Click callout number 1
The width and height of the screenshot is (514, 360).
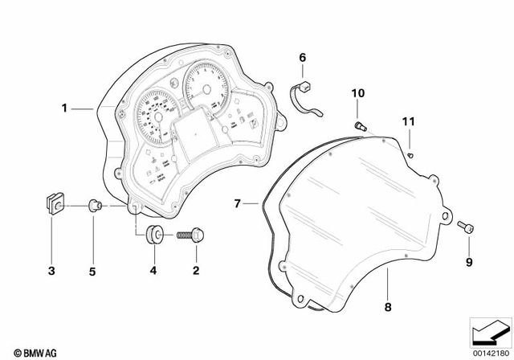pyautogui.click(x=67, y=107)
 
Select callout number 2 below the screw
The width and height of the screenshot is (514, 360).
pyautogui.click(x=194, y=271)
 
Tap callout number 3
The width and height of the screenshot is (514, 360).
pyautogui.click(x=51, y=271)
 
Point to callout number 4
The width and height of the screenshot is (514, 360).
pyautogui.click(x=153, y=271)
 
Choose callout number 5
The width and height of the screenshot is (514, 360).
pyautogui.click(x=92, y=271)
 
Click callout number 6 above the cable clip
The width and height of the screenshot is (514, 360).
pyautogui.click(x=303, y=57)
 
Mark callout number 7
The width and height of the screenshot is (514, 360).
pyautogui.click(x=238, y=204)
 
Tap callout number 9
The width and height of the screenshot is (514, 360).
pyautogui.click(x=469, y=261)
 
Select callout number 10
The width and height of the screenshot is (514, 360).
pyautogui.click(x=356, y=94)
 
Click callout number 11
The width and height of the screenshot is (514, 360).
pyautogui.click(x=410, y=121)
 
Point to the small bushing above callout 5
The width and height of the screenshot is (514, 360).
pyautogui.click(x=93, y=207)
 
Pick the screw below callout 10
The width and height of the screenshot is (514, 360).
pyautogui.click(x=360, y=125)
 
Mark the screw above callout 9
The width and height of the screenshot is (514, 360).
pyautogui.click(x=467, y=228)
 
